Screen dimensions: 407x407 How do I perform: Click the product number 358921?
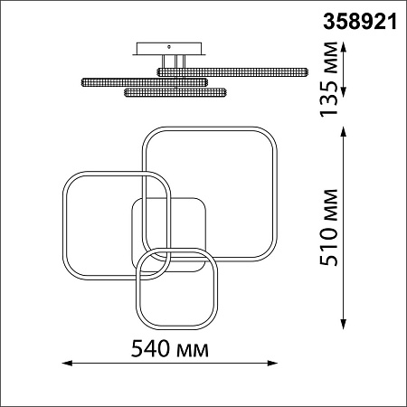point(360,22)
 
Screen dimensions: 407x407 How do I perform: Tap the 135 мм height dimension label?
point(328,80)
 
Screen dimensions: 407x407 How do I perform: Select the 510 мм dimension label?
point(328,228)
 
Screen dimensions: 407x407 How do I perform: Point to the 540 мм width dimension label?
point(170,349)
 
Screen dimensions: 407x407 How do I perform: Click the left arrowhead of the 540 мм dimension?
point(66,363)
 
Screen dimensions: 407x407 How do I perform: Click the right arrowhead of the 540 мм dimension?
point(272,363)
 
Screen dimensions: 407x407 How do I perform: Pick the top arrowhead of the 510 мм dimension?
point(344,132)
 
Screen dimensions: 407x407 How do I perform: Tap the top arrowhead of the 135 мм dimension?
point(344,48)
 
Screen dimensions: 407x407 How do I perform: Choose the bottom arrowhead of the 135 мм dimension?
point(344,91)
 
